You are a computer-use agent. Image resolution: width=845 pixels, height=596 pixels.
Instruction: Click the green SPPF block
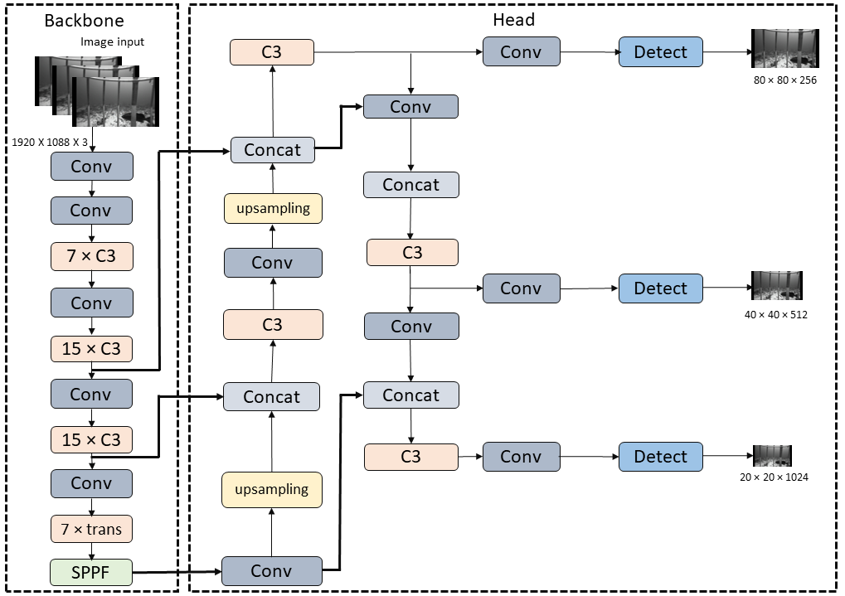pos(91,571)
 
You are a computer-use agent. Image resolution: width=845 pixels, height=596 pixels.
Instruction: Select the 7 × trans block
pos(91,529)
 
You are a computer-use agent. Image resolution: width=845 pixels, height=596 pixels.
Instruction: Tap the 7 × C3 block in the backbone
pos(91,256)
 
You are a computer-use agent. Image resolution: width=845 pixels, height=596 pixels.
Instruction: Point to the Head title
pos(514,20)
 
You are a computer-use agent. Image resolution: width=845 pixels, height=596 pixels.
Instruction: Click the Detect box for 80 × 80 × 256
pos(660,51)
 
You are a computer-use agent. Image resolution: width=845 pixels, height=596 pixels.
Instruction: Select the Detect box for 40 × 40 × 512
pos(660,288)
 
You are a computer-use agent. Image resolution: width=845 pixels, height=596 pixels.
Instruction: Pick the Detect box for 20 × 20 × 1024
pos(660,457)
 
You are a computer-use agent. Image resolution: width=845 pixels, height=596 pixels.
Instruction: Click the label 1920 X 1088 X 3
pos(50,142)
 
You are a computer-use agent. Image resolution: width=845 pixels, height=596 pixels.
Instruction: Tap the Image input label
pos(112,41)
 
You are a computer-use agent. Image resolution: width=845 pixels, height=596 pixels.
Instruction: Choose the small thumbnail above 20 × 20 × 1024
pos(772,456)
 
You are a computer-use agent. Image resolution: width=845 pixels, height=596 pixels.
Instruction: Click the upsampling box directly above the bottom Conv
pos(271,489)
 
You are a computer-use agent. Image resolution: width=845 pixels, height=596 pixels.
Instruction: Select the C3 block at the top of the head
pos(271,51)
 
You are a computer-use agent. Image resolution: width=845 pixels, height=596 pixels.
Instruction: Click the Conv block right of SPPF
pos(271,571)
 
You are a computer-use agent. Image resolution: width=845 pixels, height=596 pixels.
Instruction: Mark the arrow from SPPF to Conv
pos(177,571)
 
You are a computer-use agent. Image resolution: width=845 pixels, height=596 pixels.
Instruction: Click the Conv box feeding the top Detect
pos(520,51)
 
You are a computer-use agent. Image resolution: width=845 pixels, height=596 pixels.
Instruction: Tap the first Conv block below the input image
pos(91,167)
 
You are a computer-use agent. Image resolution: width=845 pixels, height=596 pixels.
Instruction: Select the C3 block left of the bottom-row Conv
pos(410,457)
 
